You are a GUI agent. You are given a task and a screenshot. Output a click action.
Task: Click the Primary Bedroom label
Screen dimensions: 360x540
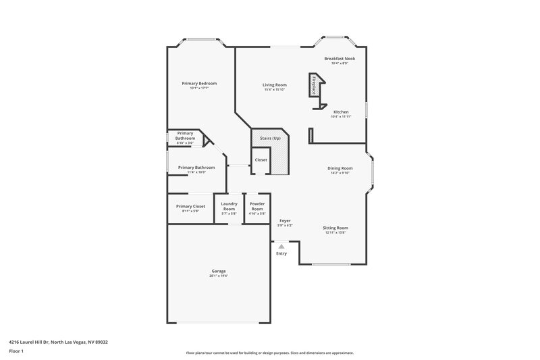tap(199, 83)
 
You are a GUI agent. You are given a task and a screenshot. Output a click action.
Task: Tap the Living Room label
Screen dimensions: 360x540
tap(274, 84)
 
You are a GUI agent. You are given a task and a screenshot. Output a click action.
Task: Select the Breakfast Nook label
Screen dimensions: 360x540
tap(340, 59)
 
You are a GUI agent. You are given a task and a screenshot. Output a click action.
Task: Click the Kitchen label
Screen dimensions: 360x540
tap(341, 111)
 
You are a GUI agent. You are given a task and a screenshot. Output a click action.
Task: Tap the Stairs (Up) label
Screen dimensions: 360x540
tap(270, 138)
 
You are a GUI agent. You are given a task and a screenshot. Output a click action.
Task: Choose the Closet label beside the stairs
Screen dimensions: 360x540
tap(261, 160)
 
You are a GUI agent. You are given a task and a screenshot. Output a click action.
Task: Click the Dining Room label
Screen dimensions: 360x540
tap(340, 168)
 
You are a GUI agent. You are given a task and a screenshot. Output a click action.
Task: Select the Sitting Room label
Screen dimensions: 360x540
tap(335, 228)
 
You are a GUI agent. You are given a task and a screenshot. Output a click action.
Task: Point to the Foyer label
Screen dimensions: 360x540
tap(285, 221)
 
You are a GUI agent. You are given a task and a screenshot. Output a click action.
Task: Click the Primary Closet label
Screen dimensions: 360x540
tap(190, 206)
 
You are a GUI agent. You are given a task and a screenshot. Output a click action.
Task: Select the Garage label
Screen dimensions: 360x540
tap(219, 271)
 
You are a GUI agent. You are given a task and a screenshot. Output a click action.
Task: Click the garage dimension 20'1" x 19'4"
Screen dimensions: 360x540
tap(219, 276)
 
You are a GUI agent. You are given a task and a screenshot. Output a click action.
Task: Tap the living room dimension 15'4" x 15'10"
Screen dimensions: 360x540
tap(274, 89)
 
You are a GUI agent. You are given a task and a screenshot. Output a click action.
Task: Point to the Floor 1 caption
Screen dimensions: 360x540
tap(16, 352)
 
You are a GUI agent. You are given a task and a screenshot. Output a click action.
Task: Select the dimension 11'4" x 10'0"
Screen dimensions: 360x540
tap(196, 172)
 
